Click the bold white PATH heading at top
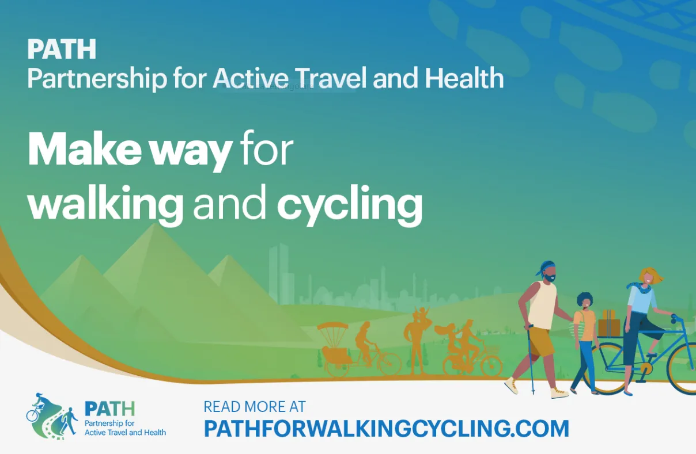click(x=62, y=49)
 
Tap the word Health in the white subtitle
click(x=464, y=78)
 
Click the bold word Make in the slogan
click(x=85, y=149)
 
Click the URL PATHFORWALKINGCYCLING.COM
click(x=386, y=429)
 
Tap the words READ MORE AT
click(x=255, y=406)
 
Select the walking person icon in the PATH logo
click(x=69, y=421)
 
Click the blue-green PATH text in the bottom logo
click(x=109, y=409)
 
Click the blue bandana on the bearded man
click(x=546, y=268)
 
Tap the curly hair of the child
click(x=584, y=299)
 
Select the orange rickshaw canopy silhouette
click(x=333, y=326)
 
